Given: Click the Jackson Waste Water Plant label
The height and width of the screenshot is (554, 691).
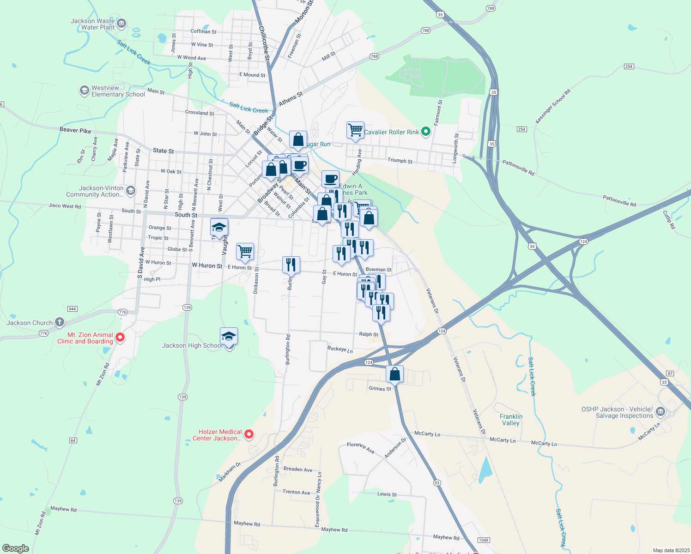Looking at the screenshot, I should pos(92,24).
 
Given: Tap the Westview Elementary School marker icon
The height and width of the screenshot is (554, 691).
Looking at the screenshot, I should pos(84,90).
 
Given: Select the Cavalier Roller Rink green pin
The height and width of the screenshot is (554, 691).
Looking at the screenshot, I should pos(426,132).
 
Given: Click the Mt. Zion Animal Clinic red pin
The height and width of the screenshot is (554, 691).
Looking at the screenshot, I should pos(120,337).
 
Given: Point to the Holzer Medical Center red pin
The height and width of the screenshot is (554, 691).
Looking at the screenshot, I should pos(249,434).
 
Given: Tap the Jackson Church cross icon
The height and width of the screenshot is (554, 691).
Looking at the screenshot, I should pos(59,322).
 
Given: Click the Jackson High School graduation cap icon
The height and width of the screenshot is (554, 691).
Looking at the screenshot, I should pos(229,337).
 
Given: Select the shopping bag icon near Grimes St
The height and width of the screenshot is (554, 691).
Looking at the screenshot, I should pos(395,374).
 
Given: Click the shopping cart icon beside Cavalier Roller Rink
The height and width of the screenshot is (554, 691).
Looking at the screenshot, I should pos(355,130).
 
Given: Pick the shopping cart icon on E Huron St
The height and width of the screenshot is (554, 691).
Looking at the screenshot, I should pos(245,252).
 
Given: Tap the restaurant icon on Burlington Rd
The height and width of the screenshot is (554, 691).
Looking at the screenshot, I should pos(291,265).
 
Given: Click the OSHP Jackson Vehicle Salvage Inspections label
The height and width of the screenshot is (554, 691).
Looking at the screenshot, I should pos(617,412).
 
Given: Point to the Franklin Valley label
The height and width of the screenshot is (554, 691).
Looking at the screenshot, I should pos(511,420).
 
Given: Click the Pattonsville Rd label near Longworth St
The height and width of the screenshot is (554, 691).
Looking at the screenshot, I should pos(518,167).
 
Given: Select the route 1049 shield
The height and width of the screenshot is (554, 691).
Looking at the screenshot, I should pos(484,540).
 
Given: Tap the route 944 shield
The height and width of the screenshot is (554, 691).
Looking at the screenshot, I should pos(72,309).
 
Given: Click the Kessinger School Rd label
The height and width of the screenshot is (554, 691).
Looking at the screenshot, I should pos(553,106).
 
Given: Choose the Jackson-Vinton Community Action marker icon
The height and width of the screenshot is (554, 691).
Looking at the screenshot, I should pos(131,190).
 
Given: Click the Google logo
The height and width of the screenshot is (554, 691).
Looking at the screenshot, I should pos(16,548).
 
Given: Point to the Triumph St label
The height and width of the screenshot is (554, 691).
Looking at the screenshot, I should pos(400,161).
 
